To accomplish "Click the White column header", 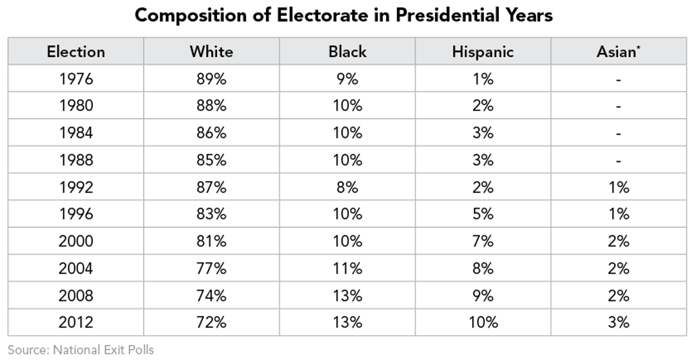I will point(211,51).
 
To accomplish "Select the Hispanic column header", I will point(482,51).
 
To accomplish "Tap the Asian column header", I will point(618,51).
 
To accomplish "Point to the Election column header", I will point(76,51).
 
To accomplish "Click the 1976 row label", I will point(76,78).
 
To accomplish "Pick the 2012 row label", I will point(76,322).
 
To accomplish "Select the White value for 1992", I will point(211,187).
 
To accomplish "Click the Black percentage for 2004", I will point(347,268).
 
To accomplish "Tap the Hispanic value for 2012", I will point(482,322).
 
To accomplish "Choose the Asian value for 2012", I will point(618,322).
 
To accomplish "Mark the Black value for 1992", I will point(347,187).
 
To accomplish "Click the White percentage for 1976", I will point(211,78).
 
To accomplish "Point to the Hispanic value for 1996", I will point(482,214).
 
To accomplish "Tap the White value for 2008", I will point(211,296).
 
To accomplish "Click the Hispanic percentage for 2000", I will point(482,241).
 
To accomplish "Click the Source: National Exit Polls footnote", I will point(80,350).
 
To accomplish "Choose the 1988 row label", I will point(76,160).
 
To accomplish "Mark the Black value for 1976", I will point(347,78).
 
